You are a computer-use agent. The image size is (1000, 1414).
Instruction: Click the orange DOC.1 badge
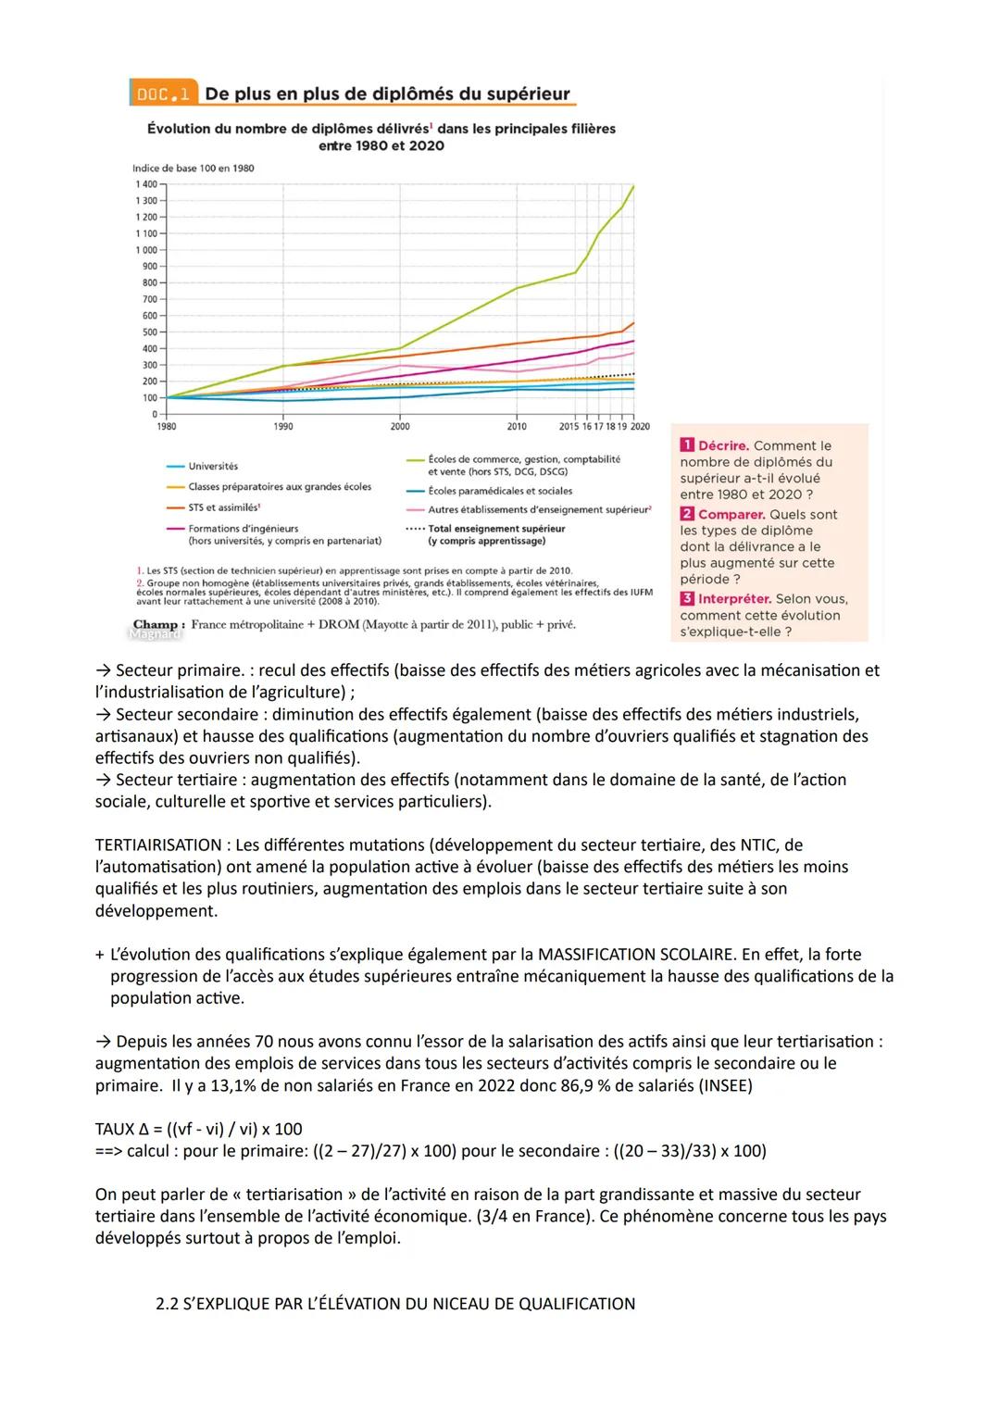163,94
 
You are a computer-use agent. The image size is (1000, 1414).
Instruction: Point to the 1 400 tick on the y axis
146,184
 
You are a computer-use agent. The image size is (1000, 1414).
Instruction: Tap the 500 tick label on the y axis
149,332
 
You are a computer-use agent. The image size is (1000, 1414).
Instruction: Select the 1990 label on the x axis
283,427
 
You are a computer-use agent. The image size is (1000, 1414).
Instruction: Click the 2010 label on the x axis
517,427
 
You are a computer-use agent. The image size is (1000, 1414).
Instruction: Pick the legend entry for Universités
212,467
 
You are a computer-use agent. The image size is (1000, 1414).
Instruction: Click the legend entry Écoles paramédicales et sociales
499,492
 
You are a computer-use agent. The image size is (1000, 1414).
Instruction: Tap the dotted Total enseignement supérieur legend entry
495,530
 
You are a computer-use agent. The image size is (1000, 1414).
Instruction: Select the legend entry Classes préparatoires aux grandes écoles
279,487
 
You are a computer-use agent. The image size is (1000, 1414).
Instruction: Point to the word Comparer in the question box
731,515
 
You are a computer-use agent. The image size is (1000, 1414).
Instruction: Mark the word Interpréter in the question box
734,599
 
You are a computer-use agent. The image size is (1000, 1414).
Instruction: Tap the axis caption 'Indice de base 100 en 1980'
194,169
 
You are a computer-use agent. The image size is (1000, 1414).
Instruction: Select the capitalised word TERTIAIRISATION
158,845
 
